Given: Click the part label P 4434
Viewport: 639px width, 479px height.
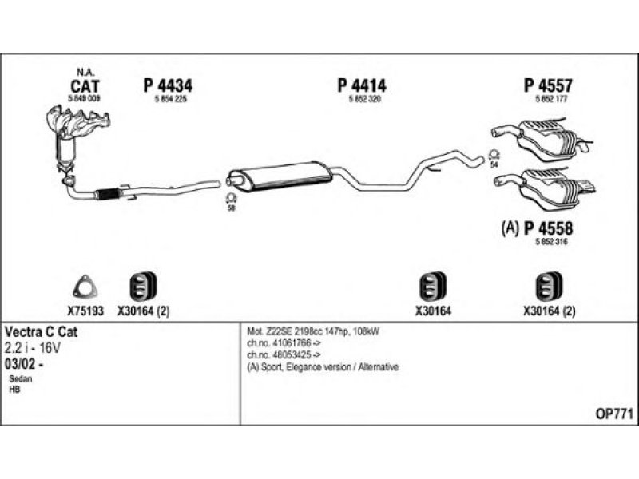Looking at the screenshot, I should [168, 85].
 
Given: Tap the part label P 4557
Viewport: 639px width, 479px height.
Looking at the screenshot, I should [550, 85].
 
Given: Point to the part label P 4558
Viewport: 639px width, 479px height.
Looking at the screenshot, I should [549, 227].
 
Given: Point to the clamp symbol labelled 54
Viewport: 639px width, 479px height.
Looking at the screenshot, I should [493, 154].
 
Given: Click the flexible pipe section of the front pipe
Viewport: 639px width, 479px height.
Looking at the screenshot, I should [106, 192].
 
